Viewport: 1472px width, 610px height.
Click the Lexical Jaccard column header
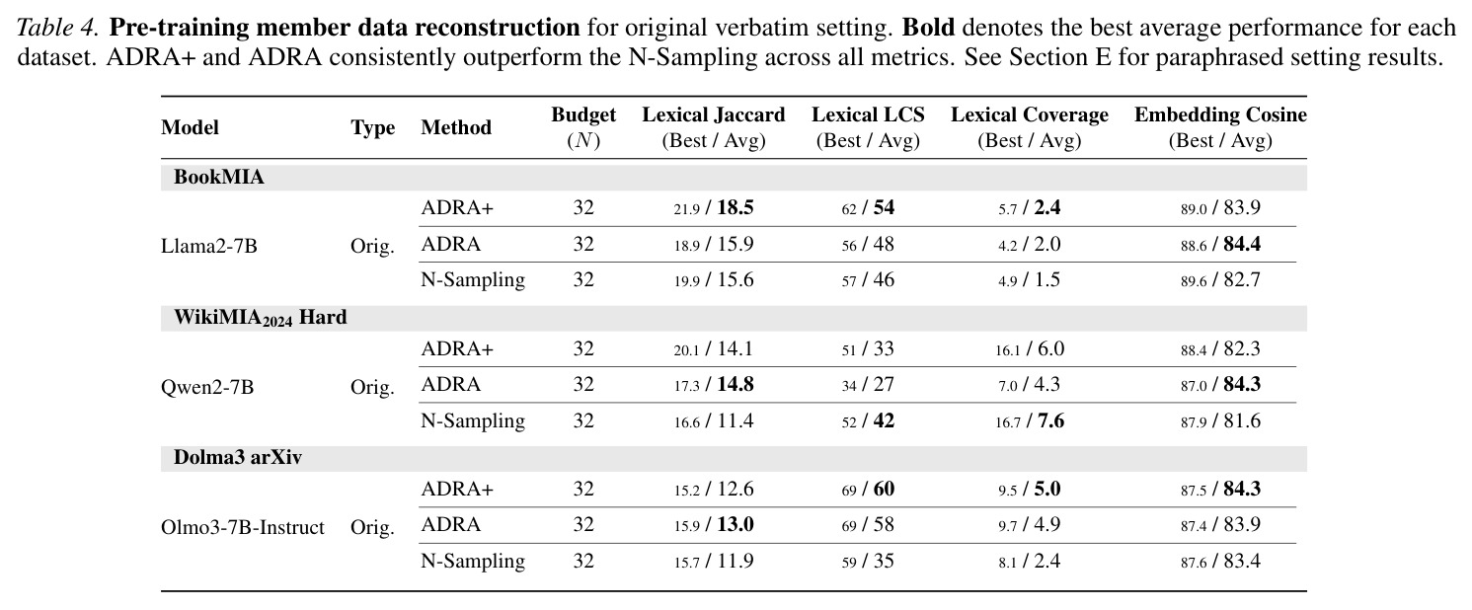713,127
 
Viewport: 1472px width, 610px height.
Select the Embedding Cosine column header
1220,127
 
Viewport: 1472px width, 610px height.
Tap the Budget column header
583,127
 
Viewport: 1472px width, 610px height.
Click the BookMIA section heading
219,177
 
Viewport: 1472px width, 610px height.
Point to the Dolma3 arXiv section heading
238,457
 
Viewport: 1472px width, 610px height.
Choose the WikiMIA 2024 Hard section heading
261,318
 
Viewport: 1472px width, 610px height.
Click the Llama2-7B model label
209,246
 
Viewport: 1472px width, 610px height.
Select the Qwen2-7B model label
207,387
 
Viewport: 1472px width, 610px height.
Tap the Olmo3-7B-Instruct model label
243,527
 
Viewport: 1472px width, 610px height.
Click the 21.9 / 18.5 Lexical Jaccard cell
713,207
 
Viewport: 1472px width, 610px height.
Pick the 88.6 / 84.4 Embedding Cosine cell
1220,244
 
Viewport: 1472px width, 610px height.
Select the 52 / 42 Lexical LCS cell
868,420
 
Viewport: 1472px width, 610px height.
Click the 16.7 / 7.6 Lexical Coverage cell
1030,420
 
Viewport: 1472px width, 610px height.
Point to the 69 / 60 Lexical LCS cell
868,489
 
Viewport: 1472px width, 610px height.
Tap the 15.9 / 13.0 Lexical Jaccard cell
713,524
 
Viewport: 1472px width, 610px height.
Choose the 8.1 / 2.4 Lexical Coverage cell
1030,561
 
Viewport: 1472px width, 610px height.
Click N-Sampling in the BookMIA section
473,280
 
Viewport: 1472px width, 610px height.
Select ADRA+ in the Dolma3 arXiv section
457,489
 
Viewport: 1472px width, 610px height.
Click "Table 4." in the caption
58,28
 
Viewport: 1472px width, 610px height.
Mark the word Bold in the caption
928,28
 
